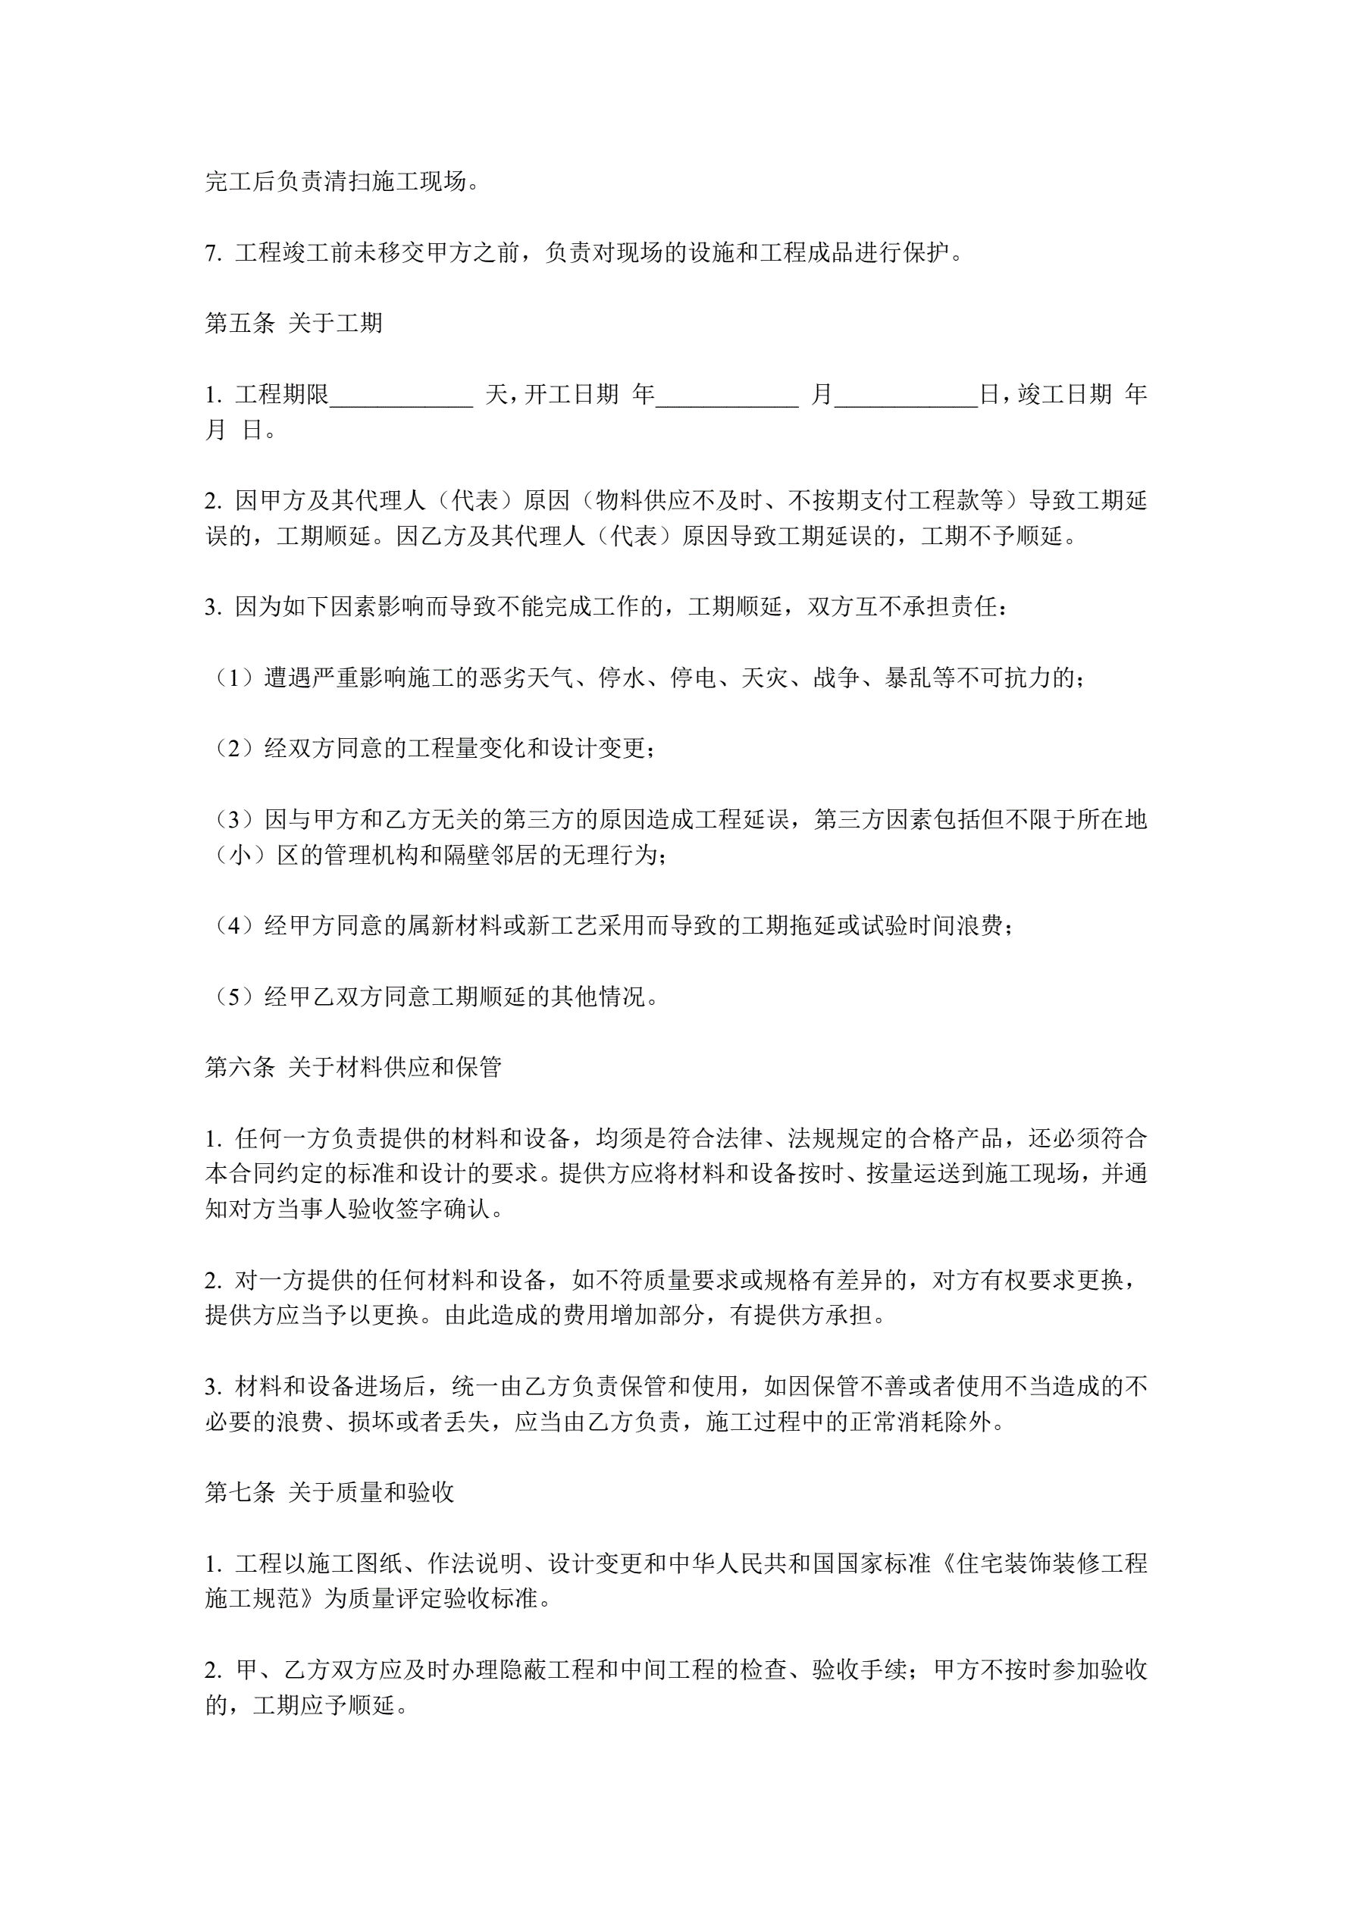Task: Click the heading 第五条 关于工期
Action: [293, 323]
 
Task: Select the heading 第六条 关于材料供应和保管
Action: [353, 1068]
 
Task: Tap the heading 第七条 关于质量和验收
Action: [329, 1492]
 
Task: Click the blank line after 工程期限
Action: [402, 396]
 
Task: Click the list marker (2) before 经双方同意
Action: [234, 749]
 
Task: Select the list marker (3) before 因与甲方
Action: [234, 820]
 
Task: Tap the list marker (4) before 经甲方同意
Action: [234, 926]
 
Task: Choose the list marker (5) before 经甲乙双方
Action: [234, 997]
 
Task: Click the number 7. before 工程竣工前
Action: [213, 253]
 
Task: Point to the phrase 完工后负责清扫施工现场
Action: [337, 182]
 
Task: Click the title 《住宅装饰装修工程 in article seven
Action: [1041, 1564]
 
